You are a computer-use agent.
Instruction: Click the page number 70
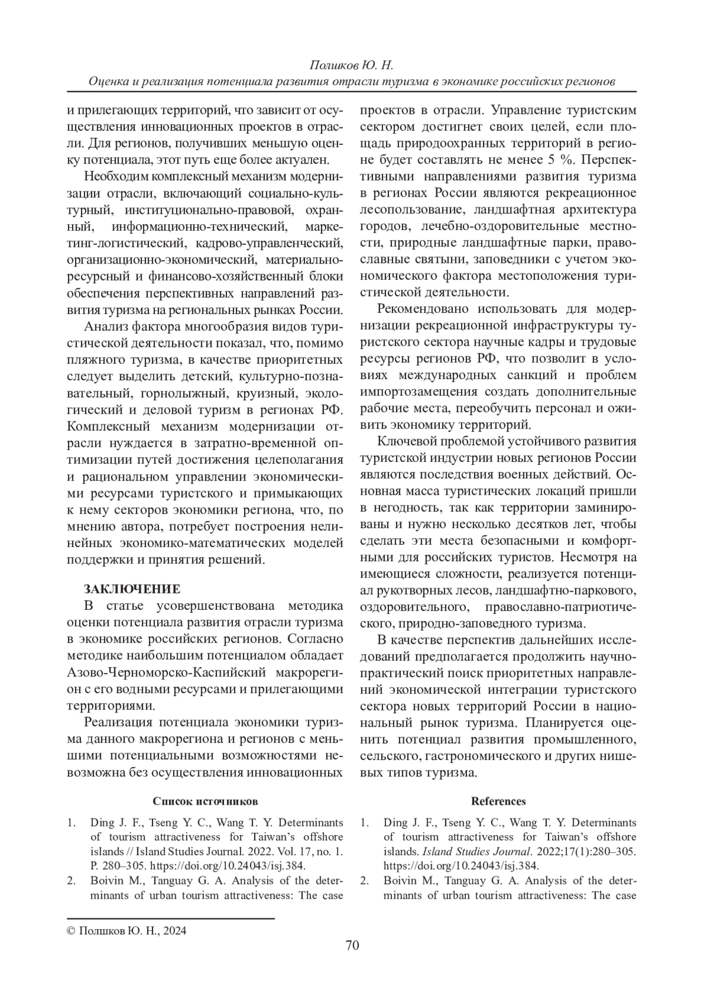[x=352, y=944]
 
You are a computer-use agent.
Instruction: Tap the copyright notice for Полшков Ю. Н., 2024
[x=127, y=930]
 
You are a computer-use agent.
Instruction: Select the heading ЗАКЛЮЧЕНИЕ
[x=132, y=589]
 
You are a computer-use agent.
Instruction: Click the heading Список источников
[x=205, y=801]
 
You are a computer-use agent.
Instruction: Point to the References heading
[x=498, y=801]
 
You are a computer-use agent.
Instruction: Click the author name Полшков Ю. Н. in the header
[x=351, y=65]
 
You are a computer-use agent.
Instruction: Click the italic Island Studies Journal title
[x=461, y=851]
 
